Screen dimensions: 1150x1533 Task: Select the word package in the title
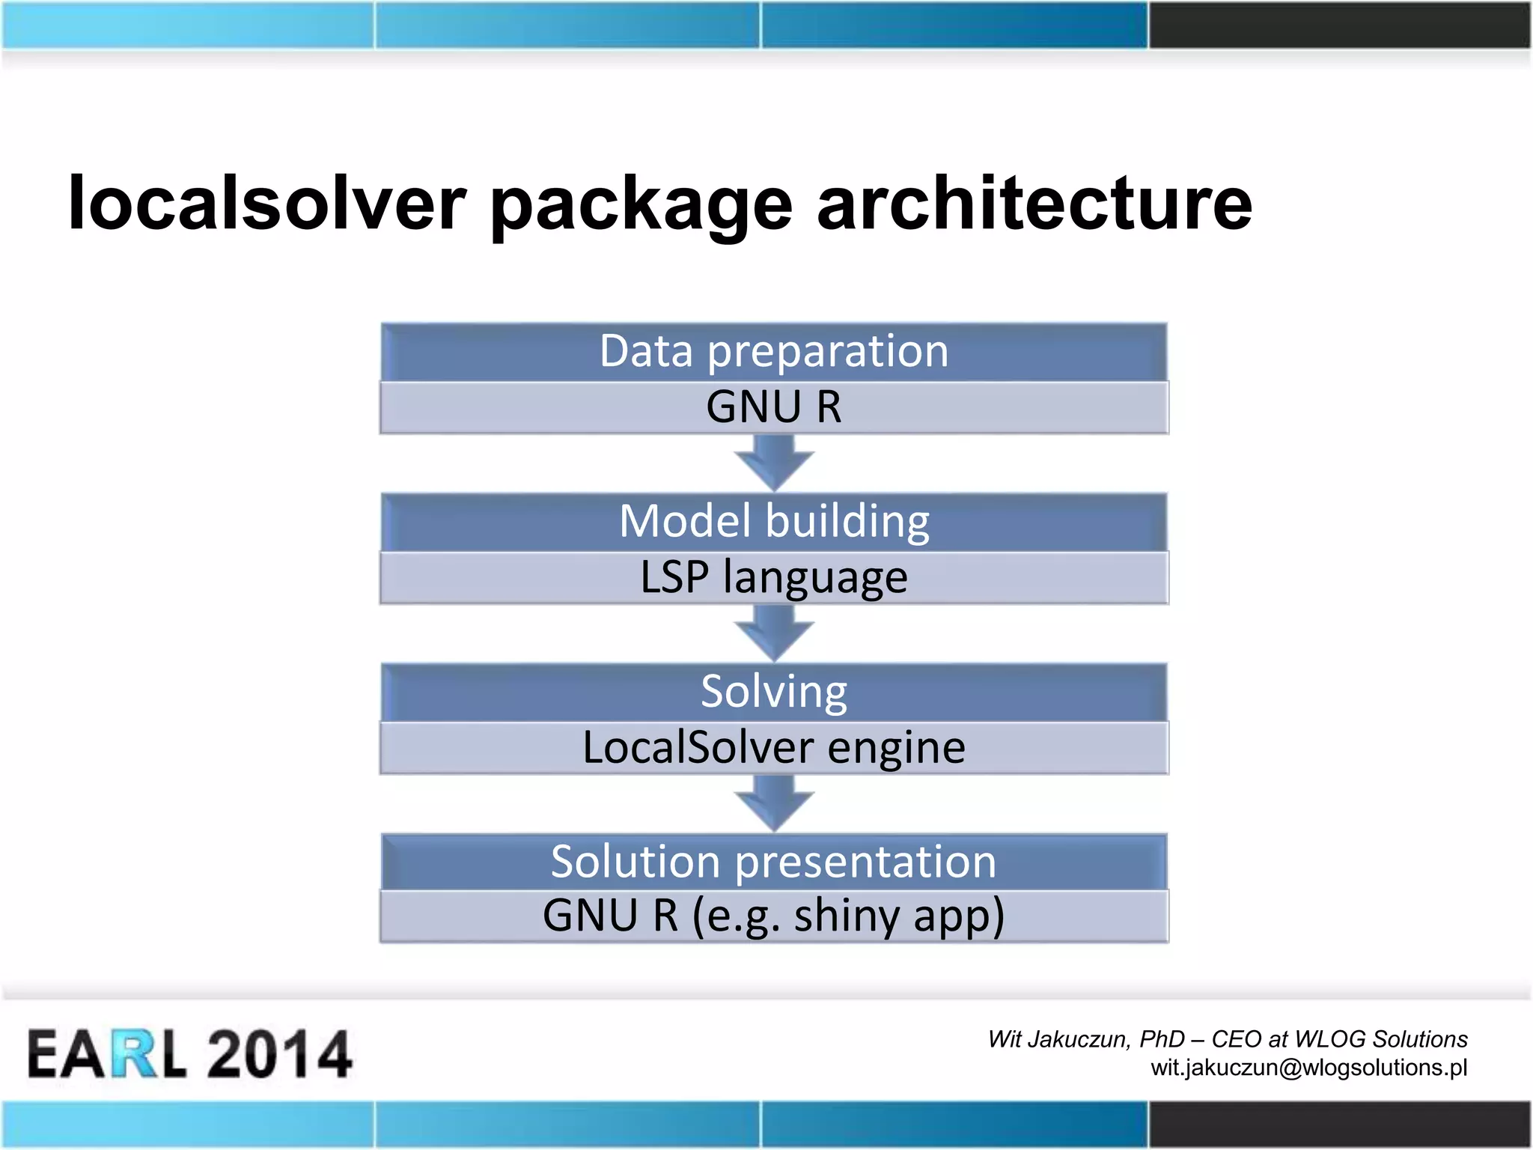coord(641,207)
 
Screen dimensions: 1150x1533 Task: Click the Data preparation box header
coord(774,351)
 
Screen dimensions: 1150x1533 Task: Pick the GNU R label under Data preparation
coord(774,407)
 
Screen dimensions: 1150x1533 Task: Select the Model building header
coord(774,521)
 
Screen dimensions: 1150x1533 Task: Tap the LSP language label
coord(774,578)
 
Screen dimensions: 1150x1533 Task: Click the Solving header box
coord(774,691)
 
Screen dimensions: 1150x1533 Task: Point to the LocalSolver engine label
coord(774,747)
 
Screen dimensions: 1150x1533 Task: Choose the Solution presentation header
coord(774,861)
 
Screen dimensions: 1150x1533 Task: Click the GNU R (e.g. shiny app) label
coord(774,916)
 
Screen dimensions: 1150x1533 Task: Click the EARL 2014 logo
coord(189,1053)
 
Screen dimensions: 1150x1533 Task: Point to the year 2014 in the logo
coord(278,1053)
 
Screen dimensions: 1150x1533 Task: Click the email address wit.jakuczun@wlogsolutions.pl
coord(1308,1067)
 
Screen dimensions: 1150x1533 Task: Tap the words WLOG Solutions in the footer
coord(1381,1039)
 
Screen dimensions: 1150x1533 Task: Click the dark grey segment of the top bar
coord(1340,25)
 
